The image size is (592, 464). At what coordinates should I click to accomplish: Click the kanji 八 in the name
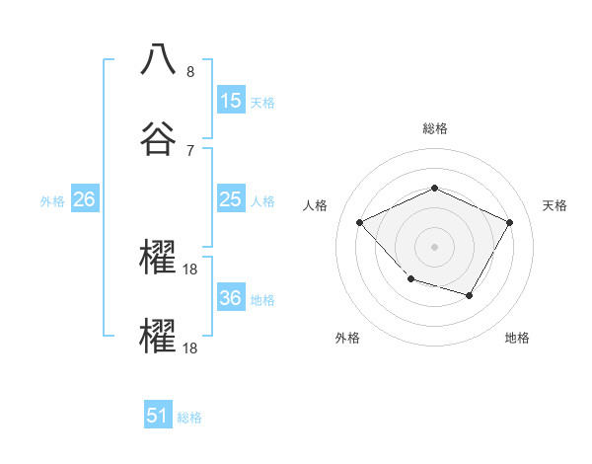click(x=159, y=58)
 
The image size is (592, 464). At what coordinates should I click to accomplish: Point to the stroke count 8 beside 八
click(x=189, y=72)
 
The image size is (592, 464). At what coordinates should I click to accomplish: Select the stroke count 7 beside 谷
click(x=189, y=150)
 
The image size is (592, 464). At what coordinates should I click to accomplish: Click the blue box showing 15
click(x=231, y=101)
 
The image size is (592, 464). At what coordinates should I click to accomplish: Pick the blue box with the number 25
click(x=231, y=199)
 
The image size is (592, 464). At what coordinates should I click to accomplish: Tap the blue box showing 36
click(x=231, y=298)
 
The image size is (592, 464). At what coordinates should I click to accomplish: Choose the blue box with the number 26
click(x=84, y=199)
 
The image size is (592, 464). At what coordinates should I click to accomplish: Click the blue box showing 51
click(x=158, y=416)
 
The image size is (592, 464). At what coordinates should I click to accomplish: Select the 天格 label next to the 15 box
click(x=262, y=103)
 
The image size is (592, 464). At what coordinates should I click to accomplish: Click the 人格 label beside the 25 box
click(x=262, y=201)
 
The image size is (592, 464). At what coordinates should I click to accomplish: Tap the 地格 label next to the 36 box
click(x=262, y=300)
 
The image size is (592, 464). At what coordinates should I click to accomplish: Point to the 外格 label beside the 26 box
click(x=52, y=201)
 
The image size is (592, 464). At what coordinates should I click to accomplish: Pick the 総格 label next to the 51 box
click(x=189, y=418)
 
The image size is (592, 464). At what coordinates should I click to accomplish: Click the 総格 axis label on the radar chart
click(x=434, y=128)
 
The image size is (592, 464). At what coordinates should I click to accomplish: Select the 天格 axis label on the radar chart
click(x=555, y=205)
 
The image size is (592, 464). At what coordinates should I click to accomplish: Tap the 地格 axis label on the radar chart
click(x=517, y=338)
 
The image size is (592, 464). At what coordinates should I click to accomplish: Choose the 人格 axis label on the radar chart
click(x=316, y=205)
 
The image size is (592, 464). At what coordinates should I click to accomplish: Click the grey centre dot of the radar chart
click(x=434, y=246)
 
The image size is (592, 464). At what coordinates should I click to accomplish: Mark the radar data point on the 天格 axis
click(x=510, y=222)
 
